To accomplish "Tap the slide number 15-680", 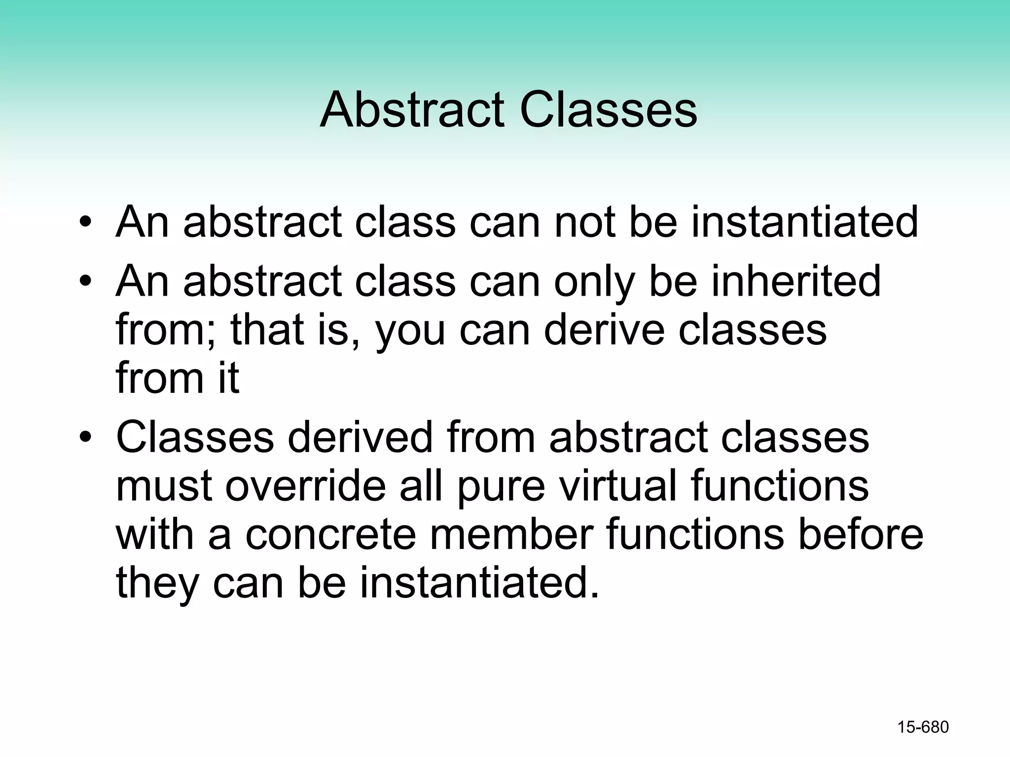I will click(x=923, y=727).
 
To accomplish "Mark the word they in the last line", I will click(x=157, y=584).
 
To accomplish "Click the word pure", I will click(x=501, y=487).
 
